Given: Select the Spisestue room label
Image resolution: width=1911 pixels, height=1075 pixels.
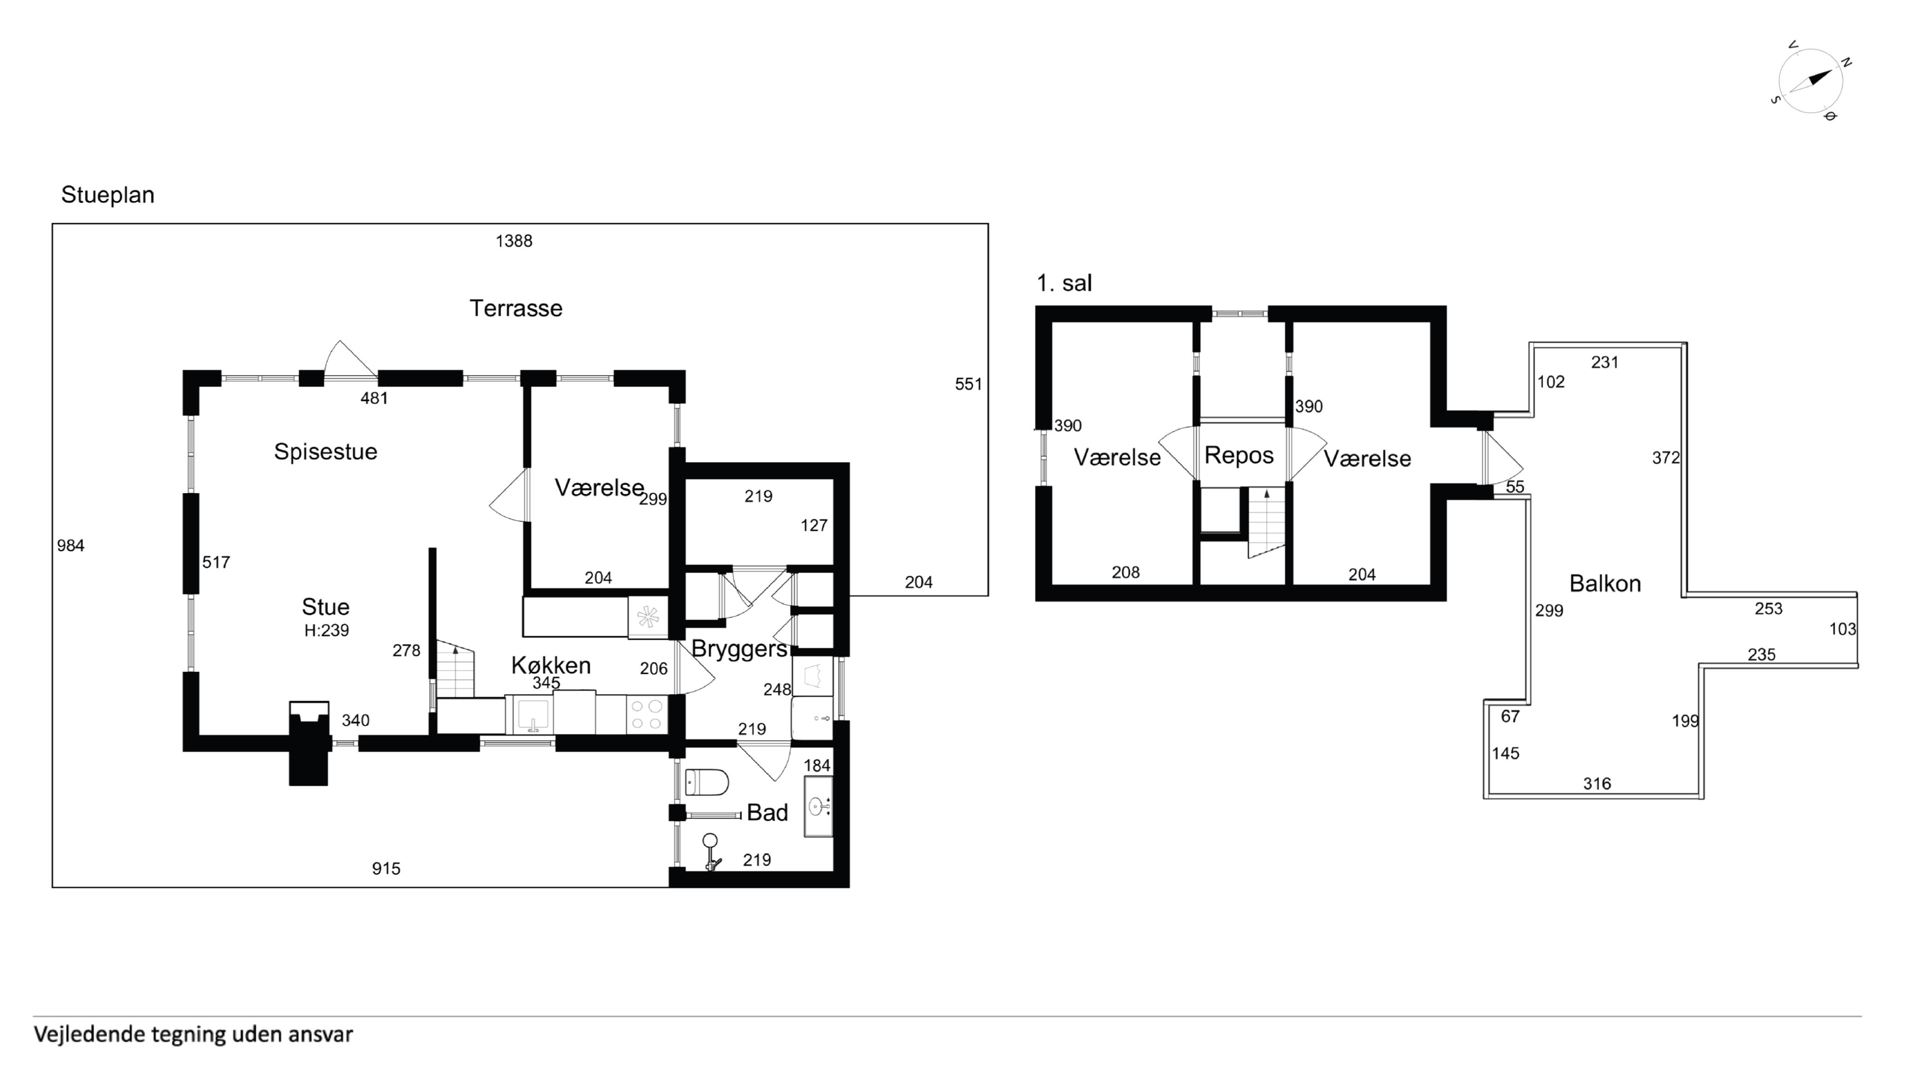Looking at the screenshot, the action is [326, 451].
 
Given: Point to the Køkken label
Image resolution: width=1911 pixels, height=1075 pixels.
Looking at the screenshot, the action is [551, 665].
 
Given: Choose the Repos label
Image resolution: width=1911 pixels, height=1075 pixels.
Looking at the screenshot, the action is [1239, 455].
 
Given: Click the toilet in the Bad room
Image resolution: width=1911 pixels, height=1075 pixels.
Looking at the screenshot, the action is [706, 781].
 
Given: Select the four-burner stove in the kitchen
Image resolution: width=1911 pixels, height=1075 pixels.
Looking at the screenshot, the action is [646, 714].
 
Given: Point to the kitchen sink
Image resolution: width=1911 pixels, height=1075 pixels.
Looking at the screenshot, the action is [531, 714].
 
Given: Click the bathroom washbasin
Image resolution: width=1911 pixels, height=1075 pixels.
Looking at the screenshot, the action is [818, 806].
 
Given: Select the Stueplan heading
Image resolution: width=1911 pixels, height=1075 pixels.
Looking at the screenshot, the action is [108, 195].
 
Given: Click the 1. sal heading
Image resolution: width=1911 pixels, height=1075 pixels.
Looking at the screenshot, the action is [1064, 283].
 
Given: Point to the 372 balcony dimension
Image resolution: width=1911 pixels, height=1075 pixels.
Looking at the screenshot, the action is [1666, 458].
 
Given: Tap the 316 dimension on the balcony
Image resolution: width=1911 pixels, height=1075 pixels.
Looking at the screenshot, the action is [1597, 783].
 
